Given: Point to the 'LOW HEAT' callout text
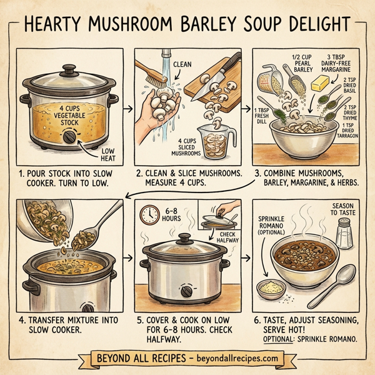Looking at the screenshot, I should tap(108, 152).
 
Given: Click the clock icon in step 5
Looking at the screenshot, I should tap(149, 216).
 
